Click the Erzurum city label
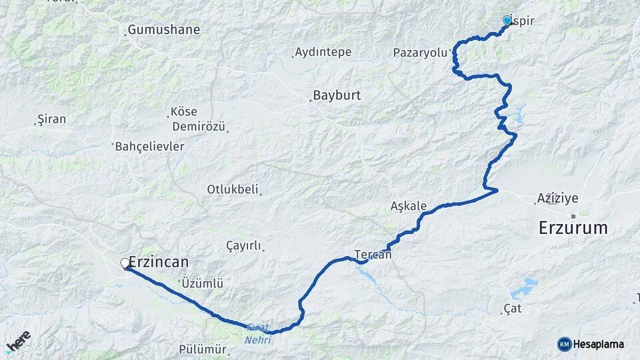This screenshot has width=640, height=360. [573, 228]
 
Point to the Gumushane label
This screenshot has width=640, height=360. [163, 30]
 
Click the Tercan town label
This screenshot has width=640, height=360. [373, 254]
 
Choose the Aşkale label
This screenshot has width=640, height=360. [408, 207]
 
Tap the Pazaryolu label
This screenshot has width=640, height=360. [419, 52]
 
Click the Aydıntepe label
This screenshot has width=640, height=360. [323, 52]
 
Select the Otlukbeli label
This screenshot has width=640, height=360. [232, 189]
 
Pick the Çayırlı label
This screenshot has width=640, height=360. [243, 246]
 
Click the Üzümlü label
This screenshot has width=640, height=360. [204, 283]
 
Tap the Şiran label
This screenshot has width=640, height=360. [52, 119]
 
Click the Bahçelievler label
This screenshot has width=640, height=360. [149, 146]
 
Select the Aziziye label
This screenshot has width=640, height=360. [557, 198]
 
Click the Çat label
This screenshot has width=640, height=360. [513, 309]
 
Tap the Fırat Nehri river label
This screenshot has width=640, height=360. [259, 333]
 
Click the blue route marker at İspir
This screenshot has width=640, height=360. [507, 21]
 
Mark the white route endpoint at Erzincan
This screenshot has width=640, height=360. [125, 263]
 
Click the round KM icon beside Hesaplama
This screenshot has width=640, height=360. [564, 344]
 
